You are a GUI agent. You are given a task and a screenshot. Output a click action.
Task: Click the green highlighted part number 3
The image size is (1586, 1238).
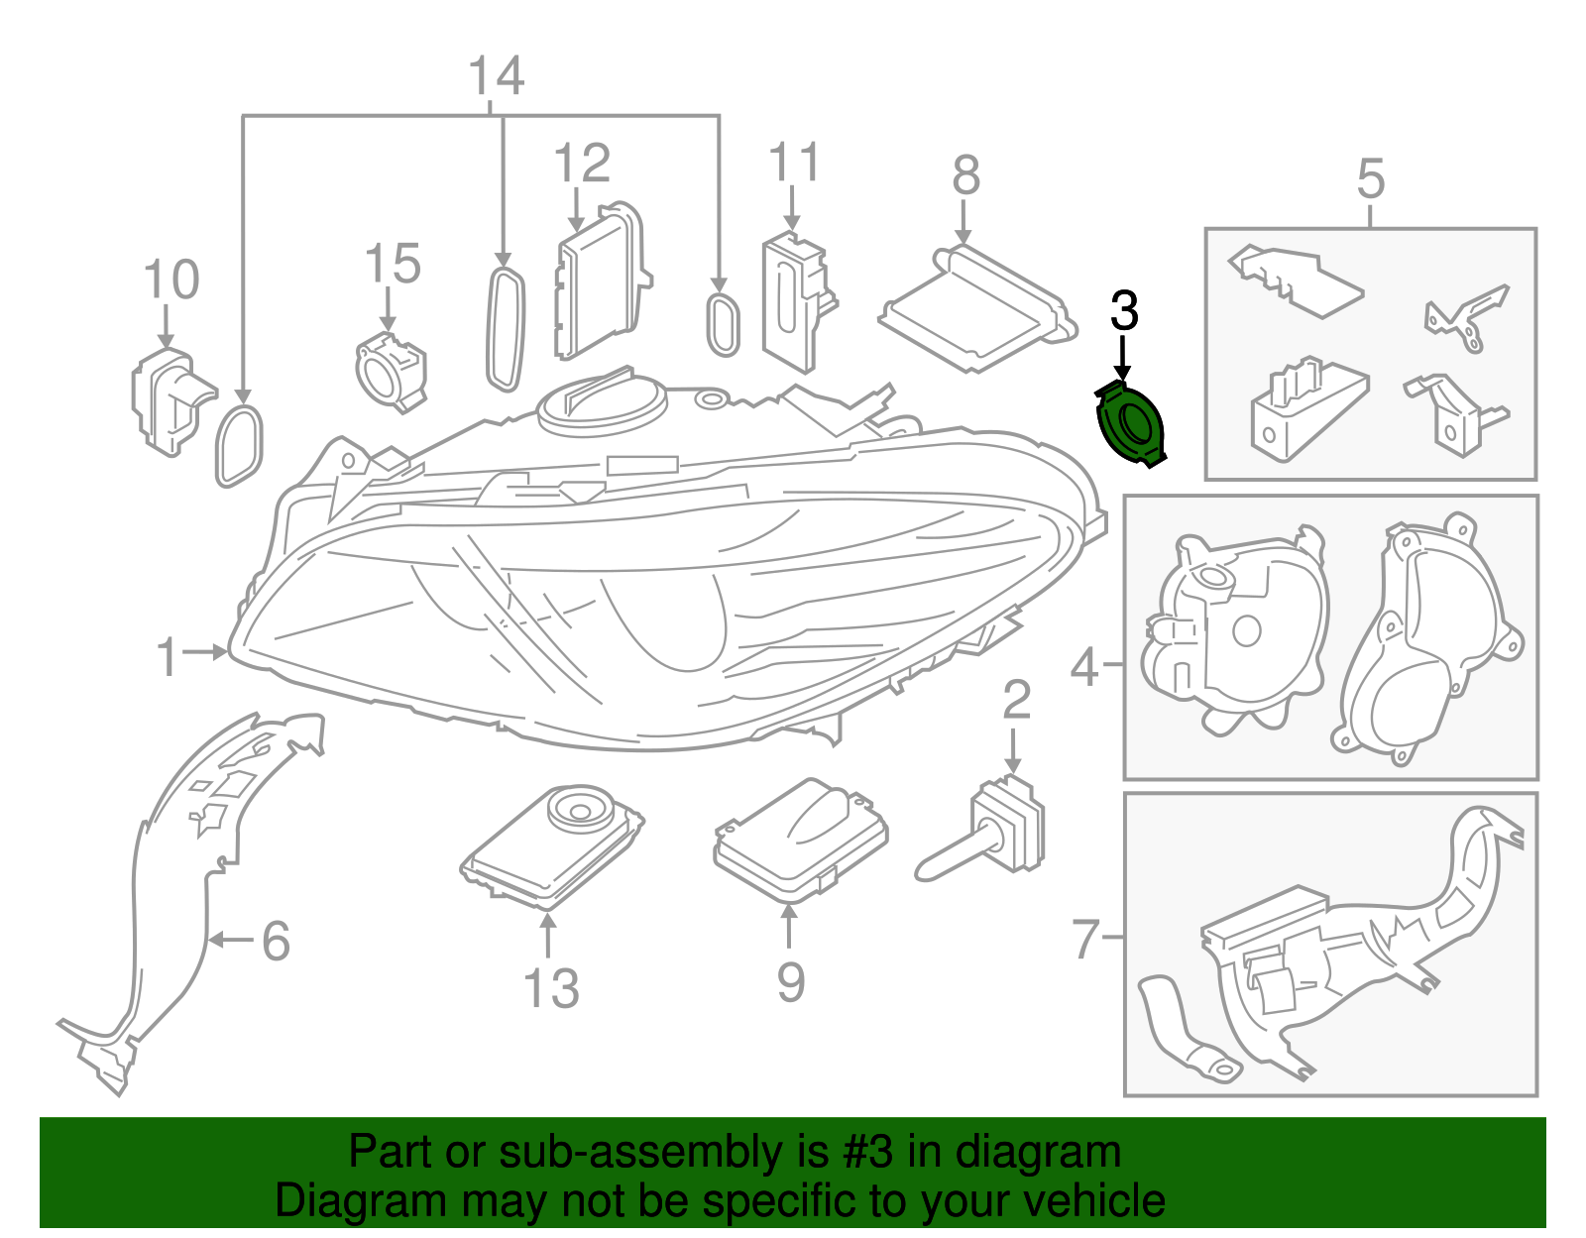[1130, 424]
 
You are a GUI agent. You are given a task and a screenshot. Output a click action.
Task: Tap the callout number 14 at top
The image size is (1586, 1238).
[496, 76]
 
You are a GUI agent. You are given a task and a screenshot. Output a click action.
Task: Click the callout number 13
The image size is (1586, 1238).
[551, 988]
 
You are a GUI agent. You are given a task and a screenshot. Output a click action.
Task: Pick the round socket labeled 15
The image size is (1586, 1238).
[389, 371]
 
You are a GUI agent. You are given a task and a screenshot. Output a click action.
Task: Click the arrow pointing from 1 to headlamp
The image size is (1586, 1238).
[206, 652]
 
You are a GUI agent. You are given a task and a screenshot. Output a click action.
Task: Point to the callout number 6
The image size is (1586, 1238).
[276, 940]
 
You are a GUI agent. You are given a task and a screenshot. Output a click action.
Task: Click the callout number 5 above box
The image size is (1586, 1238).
[1370, 178]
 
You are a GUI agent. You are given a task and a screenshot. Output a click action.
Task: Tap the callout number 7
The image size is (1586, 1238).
[1086, 938]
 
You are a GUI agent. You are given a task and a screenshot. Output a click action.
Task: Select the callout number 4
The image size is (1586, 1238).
[1084, 666]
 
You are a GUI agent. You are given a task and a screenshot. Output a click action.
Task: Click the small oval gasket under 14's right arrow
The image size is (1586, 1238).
[722, 324]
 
